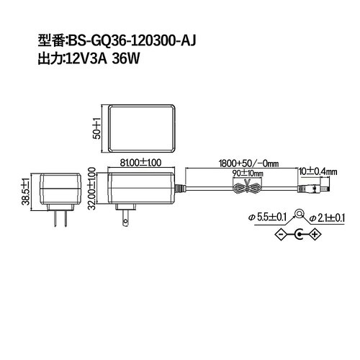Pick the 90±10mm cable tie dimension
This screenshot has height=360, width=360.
click(247, 174)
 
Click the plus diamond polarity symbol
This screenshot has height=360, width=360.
click(314, 233)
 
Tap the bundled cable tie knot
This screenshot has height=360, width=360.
click(247, 189)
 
